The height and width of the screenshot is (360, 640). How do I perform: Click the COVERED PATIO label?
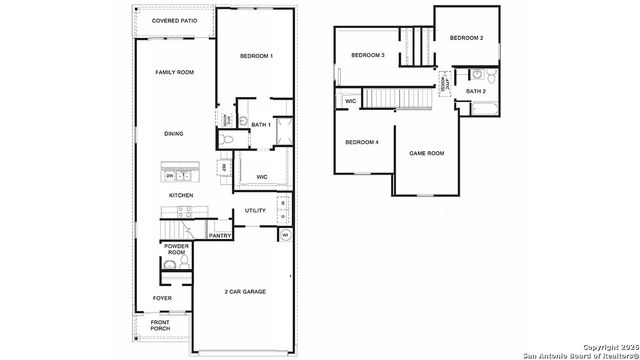tap(174, 19)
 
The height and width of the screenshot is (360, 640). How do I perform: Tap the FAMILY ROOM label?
tap(174, 73)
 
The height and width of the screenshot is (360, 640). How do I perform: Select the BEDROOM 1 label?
tap(256, 56)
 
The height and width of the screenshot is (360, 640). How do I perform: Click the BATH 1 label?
tap(261, 125)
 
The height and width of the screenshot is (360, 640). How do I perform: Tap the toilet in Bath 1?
tap(228, 140)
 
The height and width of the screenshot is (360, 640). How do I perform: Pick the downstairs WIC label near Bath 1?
tap(262, 177)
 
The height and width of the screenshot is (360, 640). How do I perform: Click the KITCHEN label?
tap(181, 195)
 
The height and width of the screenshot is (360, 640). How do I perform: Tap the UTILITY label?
tap(255, 211)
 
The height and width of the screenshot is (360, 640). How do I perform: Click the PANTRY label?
tap(220, 236)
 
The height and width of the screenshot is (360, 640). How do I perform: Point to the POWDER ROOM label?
tap(177, 249)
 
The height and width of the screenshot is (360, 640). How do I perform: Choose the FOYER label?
tap(162, 298)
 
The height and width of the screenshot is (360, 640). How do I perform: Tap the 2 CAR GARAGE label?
tap(246, 291)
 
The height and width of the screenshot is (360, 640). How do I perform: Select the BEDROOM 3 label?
tap(368, 55)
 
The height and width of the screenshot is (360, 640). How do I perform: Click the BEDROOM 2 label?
tap(466, 38)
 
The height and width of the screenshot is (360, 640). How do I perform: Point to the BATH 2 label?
tap(476, 91)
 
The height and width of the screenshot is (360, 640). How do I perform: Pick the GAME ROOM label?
tap(427, 153)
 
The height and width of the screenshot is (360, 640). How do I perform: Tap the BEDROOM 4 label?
tap(362, 142)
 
